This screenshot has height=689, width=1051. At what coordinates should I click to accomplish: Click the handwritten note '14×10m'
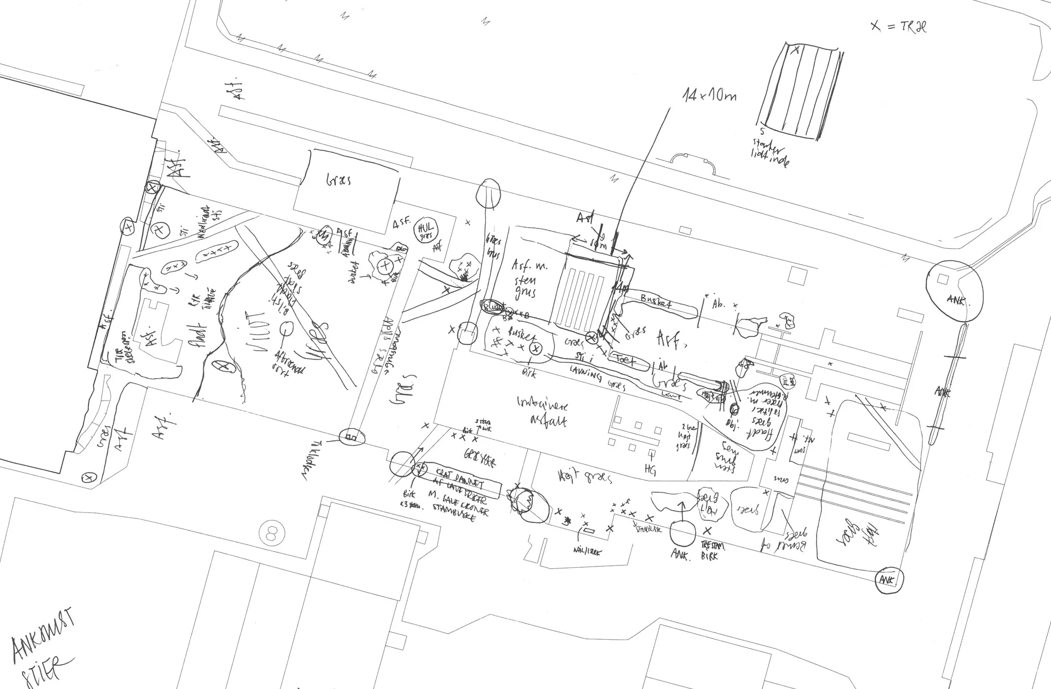[x=710, y=95]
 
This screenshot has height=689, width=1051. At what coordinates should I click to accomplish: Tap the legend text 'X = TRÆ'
[x=898, y=26]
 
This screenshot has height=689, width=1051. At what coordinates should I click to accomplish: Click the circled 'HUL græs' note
[x=426, y=231]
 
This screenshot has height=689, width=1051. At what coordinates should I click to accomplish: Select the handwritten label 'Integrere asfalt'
[x=543, y=411]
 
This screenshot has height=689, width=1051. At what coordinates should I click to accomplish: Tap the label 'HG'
[x=650, y=470]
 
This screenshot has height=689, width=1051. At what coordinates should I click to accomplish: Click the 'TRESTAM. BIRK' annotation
[x=712, y=551]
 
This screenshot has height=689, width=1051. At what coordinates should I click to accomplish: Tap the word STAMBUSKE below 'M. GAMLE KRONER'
[x=454, y=512]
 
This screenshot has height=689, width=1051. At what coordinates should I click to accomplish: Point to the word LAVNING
[x=586, y=374]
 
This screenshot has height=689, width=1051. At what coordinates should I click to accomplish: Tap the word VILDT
[x=258, y=332]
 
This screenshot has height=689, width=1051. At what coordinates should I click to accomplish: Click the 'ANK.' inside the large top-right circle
[x=956, y=300]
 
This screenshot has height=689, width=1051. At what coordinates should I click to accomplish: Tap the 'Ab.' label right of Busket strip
[x=718, y=304]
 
